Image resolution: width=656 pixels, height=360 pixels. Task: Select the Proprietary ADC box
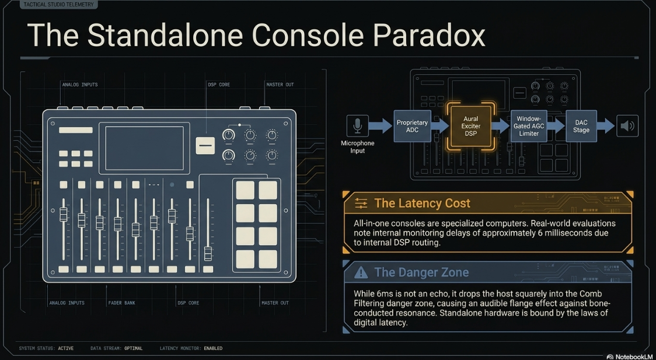[x=412, y=126]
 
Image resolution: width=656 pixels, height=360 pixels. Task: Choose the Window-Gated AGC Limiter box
[x=529, y=126]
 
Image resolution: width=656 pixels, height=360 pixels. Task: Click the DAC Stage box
[x=581, y=126]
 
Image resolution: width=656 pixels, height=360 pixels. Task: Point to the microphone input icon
[x=357, y=126]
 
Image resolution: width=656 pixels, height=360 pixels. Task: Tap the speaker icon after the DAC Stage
[x=627, y=126]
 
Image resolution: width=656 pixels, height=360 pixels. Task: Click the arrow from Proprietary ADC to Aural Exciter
[x=439, y=126]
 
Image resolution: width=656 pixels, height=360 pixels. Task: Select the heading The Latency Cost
[x=423, y=203]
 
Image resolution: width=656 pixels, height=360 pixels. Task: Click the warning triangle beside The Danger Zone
[x=361, y=272]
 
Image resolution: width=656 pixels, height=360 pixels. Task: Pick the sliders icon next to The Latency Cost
[x=361, y=203]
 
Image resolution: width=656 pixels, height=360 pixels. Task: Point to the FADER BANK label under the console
[x=122, y=303]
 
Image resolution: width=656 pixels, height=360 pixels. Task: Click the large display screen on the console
[x=144, y=148]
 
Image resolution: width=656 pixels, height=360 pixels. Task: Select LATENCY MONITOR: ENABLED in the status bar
[x=191, y=348]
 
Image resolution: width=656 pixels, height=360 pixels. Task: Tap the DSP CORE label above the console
[x=219, y=85]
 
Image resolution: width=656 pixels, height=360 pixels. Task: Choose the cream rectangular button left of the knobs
[x=205, y=145]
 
